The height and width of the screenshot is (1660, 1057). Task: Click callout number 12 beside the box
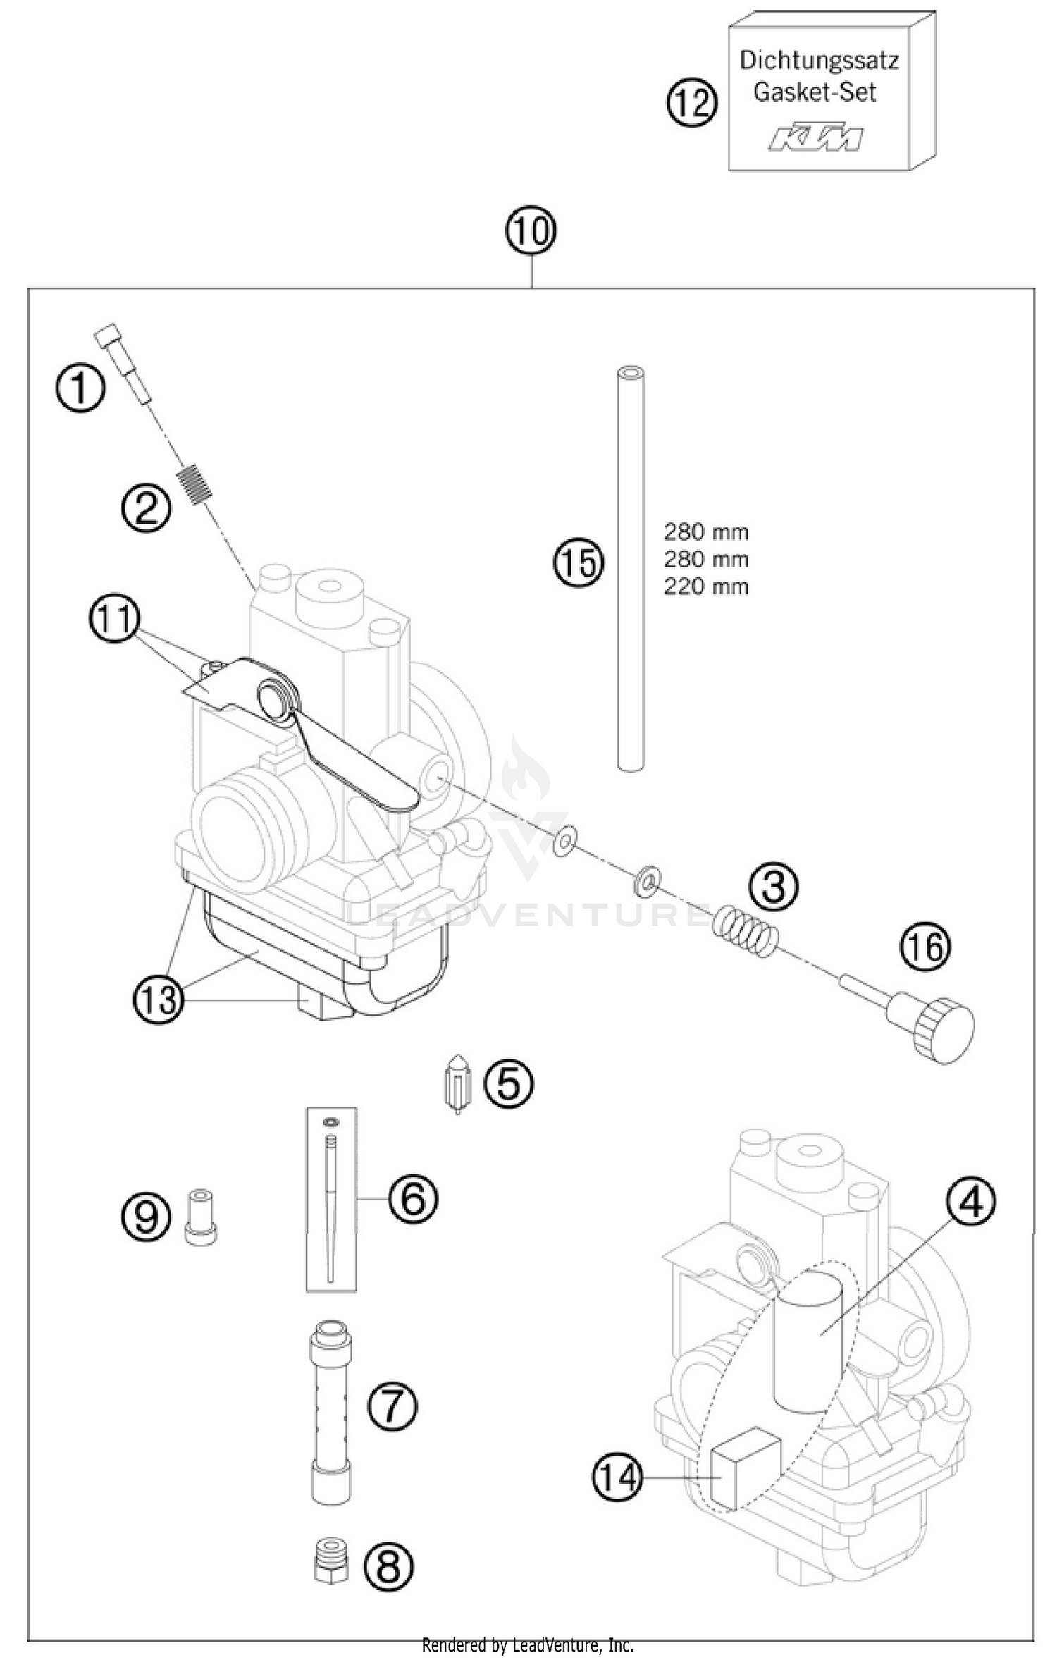tap(691, 104)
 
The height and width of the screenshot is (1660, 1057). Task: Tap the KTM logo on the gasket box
tap(815, 138)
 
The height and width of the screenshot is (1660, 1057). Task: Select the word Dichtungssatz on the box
tap(819, 61)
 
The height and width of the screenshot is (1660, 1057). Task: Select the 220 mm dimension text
tap(705, 586)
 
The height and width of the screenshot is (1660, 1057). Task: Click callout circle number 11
tap(114, 621)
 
